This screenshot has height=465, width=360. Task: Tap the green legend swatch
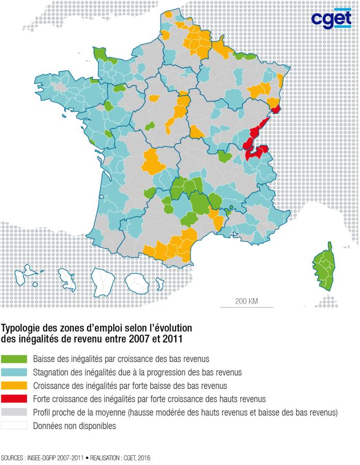pos(14,358)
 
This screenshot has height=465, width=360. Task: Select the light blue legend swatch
pos(14,371)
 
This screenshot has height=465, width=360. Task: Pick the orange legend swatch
pos(14,385)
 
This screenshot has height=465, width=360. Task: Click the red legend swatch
pos(14,399)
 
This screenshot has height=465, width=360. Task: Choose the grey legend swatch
pos(14,412)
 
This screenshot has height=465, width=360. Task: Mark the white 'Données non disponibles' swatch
pos(14,426)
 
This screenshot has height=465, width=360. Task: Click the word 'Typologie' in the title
pos(20,329)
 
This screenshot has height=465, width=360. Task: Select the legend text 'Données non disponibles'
pos(74,426)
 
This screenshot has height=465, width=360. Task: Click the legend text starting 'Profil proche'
pos(184,412)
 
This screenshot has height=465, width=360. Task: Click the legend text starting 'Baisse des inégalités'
pos(120,358)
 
